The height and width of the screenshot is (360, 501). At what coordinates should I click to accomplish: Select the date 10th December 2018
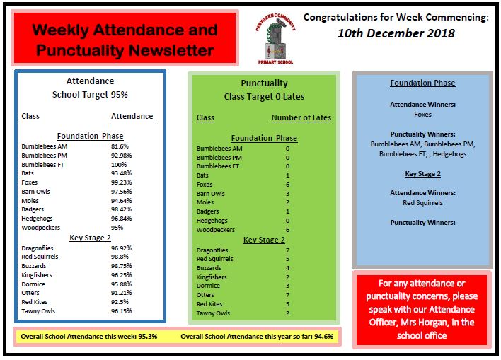[396, 33]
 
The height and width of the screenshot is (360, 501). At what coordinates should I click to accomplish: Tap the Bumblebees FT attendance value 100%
[120, 164]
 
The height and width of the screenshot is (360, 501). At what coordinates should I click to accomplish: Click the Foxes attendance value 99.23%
[121, 182]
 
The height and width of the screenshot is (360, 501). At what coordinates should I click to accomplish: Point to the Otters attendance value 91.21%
[121, 292]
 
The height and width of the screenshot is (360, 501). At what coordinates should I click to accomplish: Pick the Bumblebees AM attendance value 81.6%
[120, 146]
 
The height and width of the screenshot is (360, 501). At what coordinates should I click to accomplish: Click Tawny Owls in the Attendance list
[38, 310]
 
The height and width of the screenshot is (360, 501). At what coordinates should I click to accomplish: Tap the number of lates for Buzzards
[287, 268]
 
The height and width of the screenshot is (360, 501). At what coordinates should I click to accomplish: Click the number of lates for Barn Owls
[287, 193]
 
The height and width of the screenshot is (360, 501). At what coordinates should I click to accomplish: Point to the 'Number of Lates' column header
[301, 118]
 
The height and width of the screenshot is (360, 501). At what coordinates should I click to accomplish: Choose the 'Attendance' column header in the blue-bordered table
[132, 116]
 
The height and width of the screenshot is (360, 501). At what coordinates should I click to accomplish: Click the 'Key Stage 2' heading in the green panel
[264, 240]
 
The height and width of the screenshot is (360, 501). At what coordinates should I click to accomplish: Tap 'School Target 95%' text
[90, 94]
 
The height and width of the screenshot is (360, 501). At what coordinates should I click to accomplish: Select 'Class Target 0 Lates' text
[264, 96]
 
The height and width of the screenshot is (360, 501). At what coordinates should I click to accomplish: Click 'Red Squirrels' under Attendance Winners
[422, 202]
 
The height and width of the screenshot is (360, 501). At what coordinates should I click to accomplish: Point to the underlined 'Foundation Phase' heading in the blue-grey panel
[422, 83]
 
